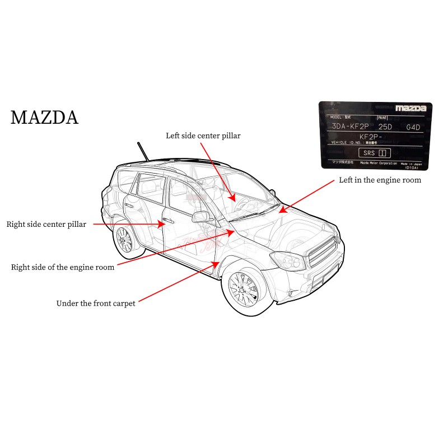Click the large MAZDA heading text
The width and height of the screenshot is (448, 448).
[x=45, y=118]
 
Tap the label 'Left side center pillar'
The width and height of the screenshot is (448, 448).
[x=203, y=136]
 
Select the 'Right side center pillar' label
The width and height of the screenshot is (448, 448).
[x=46, y=225]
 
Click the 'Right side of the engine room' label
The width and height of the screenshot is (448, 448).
[x=63, y=267]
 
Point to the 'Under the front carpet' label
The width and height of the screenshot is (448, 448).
[x=96, y=304]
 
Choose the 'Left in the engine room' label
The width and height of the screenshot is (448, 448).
[x=380, y=180]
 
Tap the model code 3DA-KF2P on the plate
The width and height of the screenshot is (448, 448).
[x=351, y=127]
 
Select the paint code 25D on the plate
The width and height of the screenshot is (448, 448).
[x=385, y=127]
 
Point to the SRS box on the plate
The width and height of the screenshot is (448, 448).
[x=374, y=152]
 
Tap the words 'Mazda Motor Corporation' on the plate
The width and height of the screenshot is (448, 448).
[x=378, y=163]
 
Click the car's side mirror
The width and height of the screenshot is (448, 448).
[x=199, y=217]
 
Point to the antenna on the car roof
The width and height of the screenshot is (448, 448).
[x=143, y=152]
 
